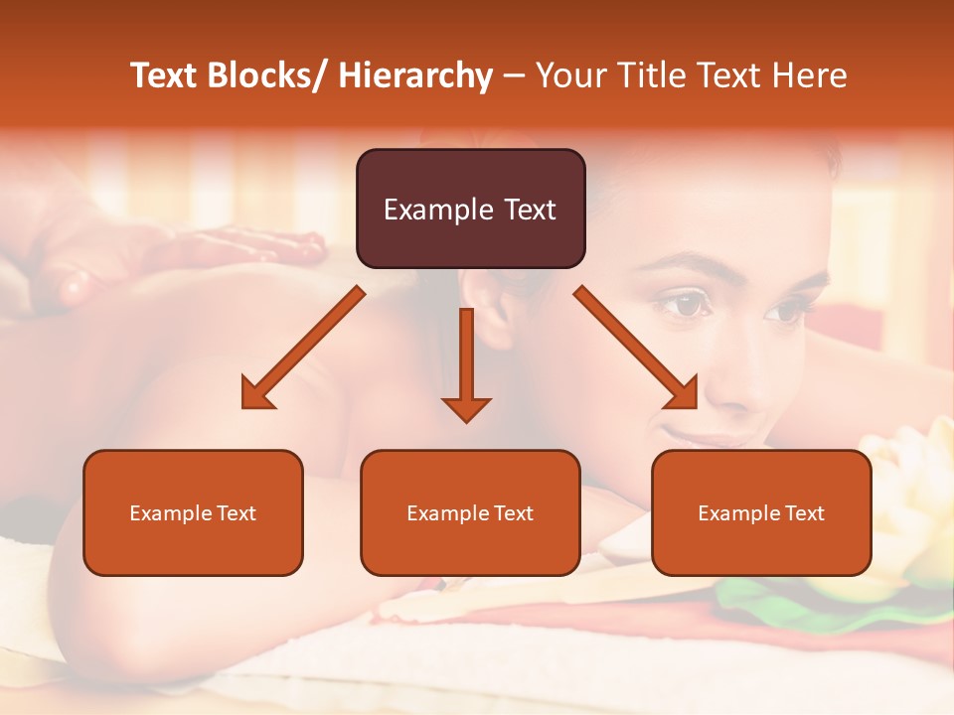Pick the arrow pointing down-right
click(x=636, y=348)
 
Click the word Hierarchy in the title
click(x=415, y=75)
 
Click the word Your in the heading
click(x=570, y=75)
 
